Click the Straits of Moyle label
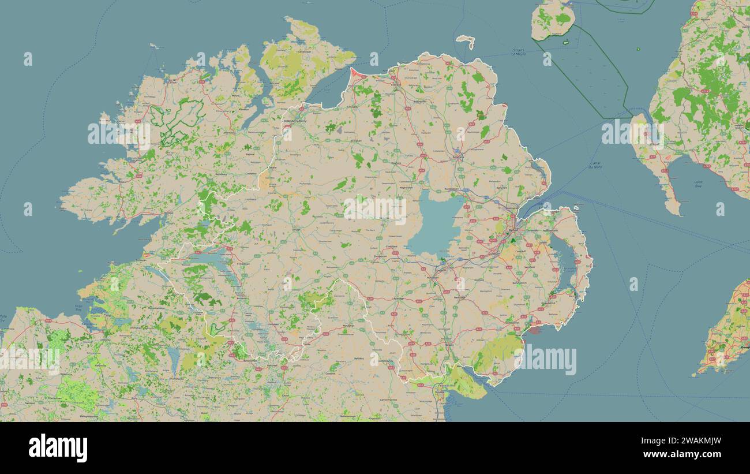[519, 53]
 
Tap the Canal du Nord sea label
[595, 165]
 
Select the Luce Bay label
[698, 184]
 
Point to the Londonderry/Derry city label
[295, 121]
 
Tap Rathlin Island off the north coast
[466, 40]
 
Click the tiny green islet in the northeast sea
[637, 49]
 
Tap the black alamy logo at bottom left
[58, 448]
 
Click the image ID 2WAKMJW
[687, 442]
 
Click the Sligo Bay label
[78, 307]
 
